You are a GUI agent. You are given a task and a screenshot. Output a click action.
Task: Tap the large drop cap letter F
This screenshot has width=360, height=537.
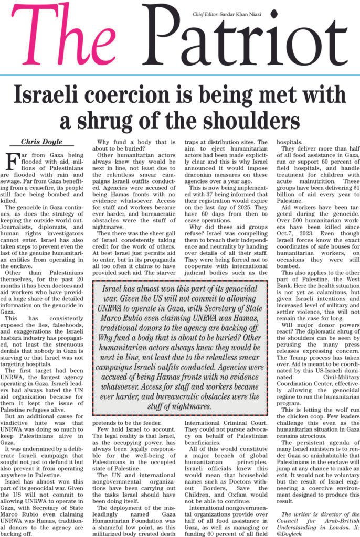click(x=10, y=160)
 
